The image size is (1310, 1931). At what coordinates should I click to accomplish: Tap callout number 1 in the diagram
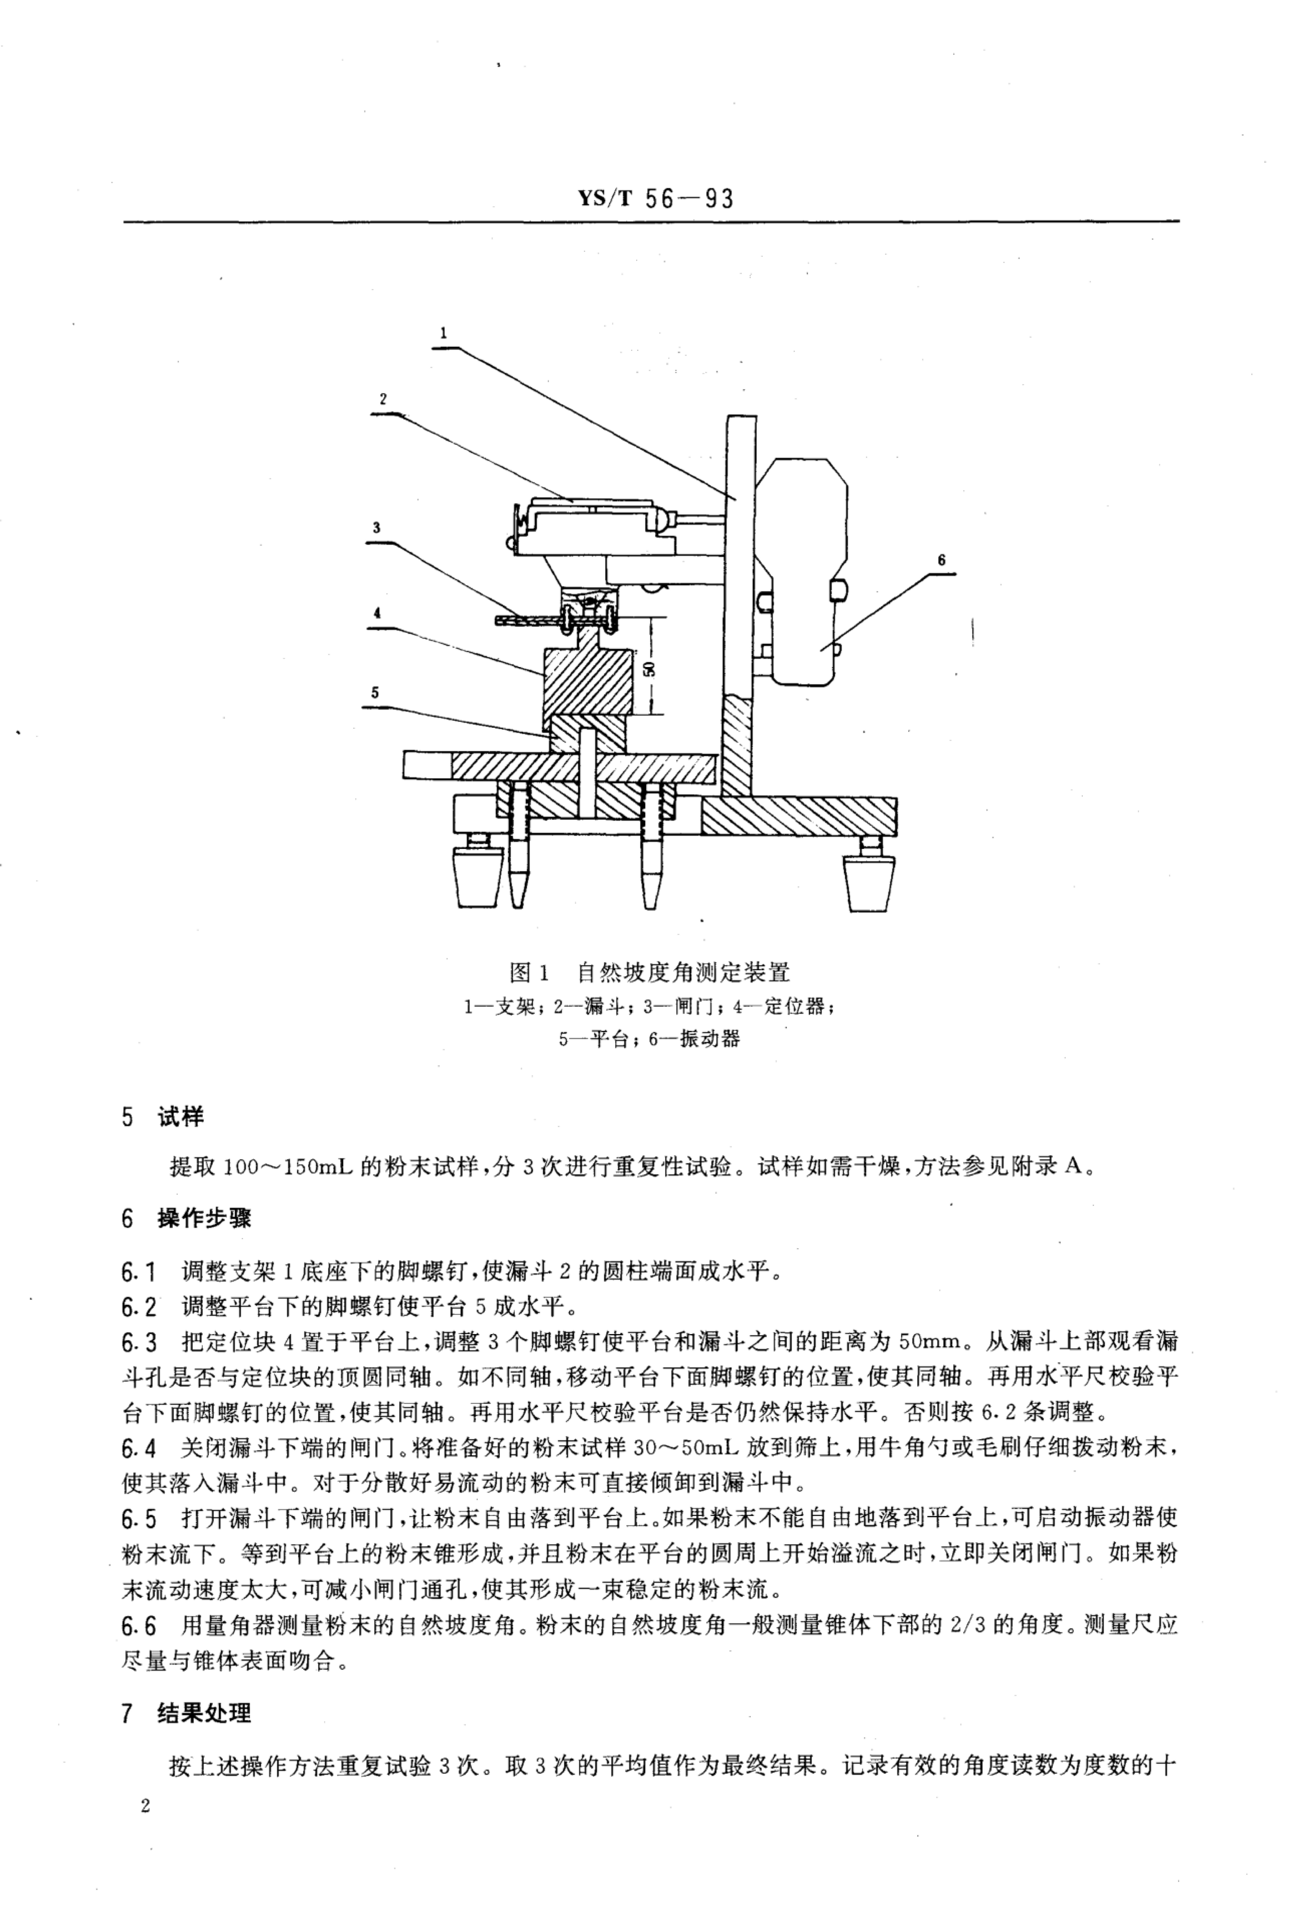point(444,332)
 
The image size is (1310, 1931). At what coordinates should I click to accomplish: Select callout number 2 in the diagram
point(383,399)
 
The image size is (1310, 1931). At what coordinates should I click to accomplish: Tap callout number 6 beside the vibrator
point(941,560)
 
